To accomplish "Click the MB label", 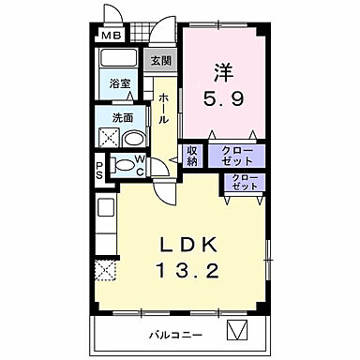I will pos(111,37).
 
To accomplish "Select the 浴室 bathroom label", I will pos(119,83).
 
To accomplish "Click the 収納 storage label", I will pos(192,156).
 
